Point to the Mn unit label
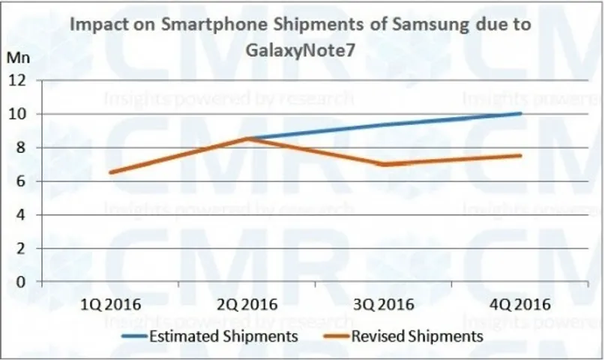coord(16,58)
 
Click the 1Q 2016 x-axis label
coord(112,304)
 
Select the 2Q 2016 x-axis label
coord(248,304)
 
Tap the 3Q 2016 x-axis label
coord(385,304)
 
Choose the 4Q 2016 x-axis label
coord(521,304)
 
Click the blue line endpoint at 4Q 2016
coord(520,113)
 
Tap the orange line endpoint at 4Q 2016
coord(520,155)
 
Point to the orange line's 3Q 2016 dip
coord(385,164)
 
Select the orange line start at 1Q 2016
coord(112,172)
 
